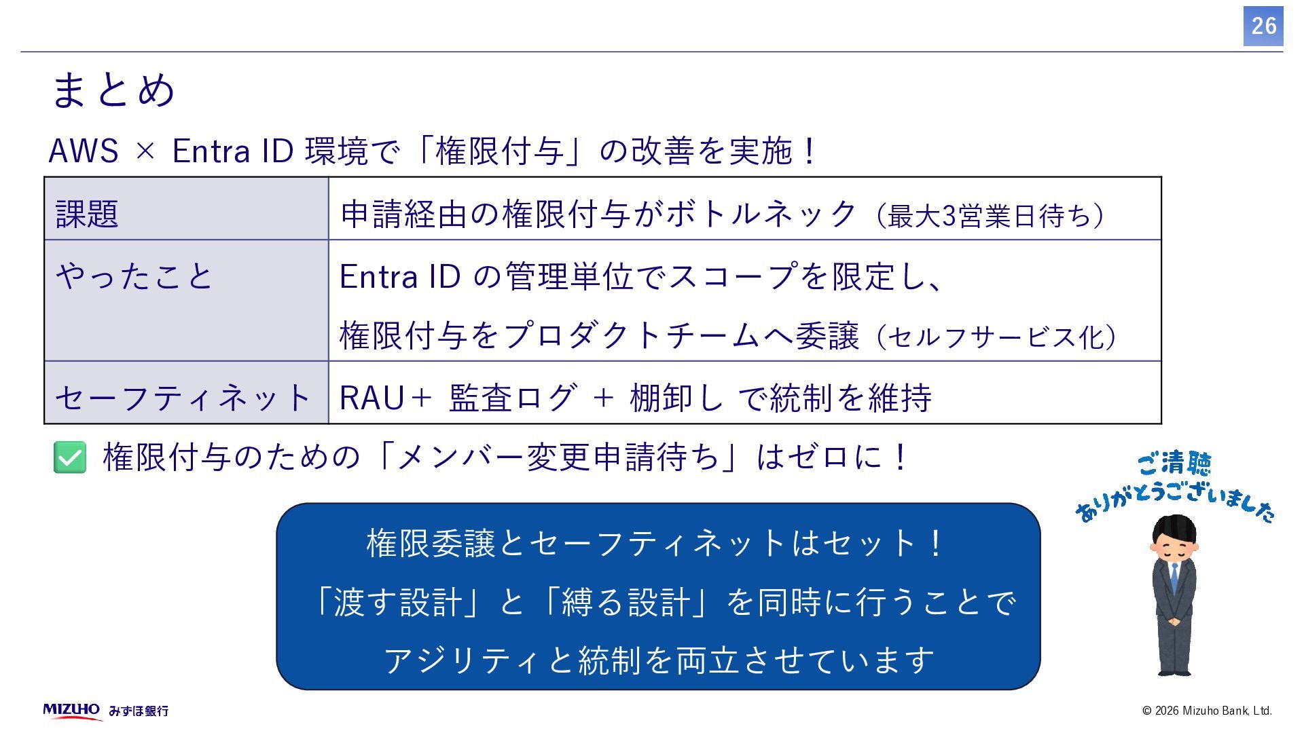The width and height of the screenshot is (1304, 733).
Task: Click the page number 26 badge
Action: (1263, 26)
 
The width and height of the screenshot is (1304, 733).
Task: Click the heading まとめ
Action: (113, 90)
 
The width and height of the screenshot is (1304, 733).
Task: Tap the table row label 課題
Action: (87, 214)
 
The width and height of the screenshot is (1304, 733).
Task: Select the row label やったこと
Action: (134, 276)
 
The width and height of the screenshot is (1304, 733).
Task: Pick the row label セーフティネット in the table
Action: (182, 397)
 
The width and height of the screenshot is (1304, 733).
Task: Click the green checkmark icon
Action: (70, 457)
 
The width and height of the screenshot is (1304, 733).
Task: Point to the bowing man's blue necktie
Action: (1174, 576)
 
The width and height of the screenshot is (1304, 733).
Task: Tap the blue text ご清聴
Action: (1174, 464)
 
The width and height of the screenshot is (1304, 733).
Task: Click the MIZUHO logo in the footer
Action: (72, 710)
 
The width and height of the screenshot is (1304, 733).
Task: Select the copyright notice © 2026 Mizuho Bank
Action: (1207, 711)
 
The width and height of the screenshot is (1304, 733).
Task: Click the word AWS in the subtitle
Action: (84, 151)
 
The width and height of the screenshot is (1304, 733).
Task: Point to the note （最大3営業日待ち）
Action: (992, 216)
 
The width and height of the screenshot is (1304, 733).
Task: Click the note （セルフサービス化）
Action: (997, 337)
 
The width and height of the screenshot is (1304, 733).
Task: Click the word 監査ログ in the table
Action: (513, 398)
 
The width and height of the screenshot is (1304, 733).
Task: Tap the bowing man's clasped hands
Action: (1174, 619)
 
